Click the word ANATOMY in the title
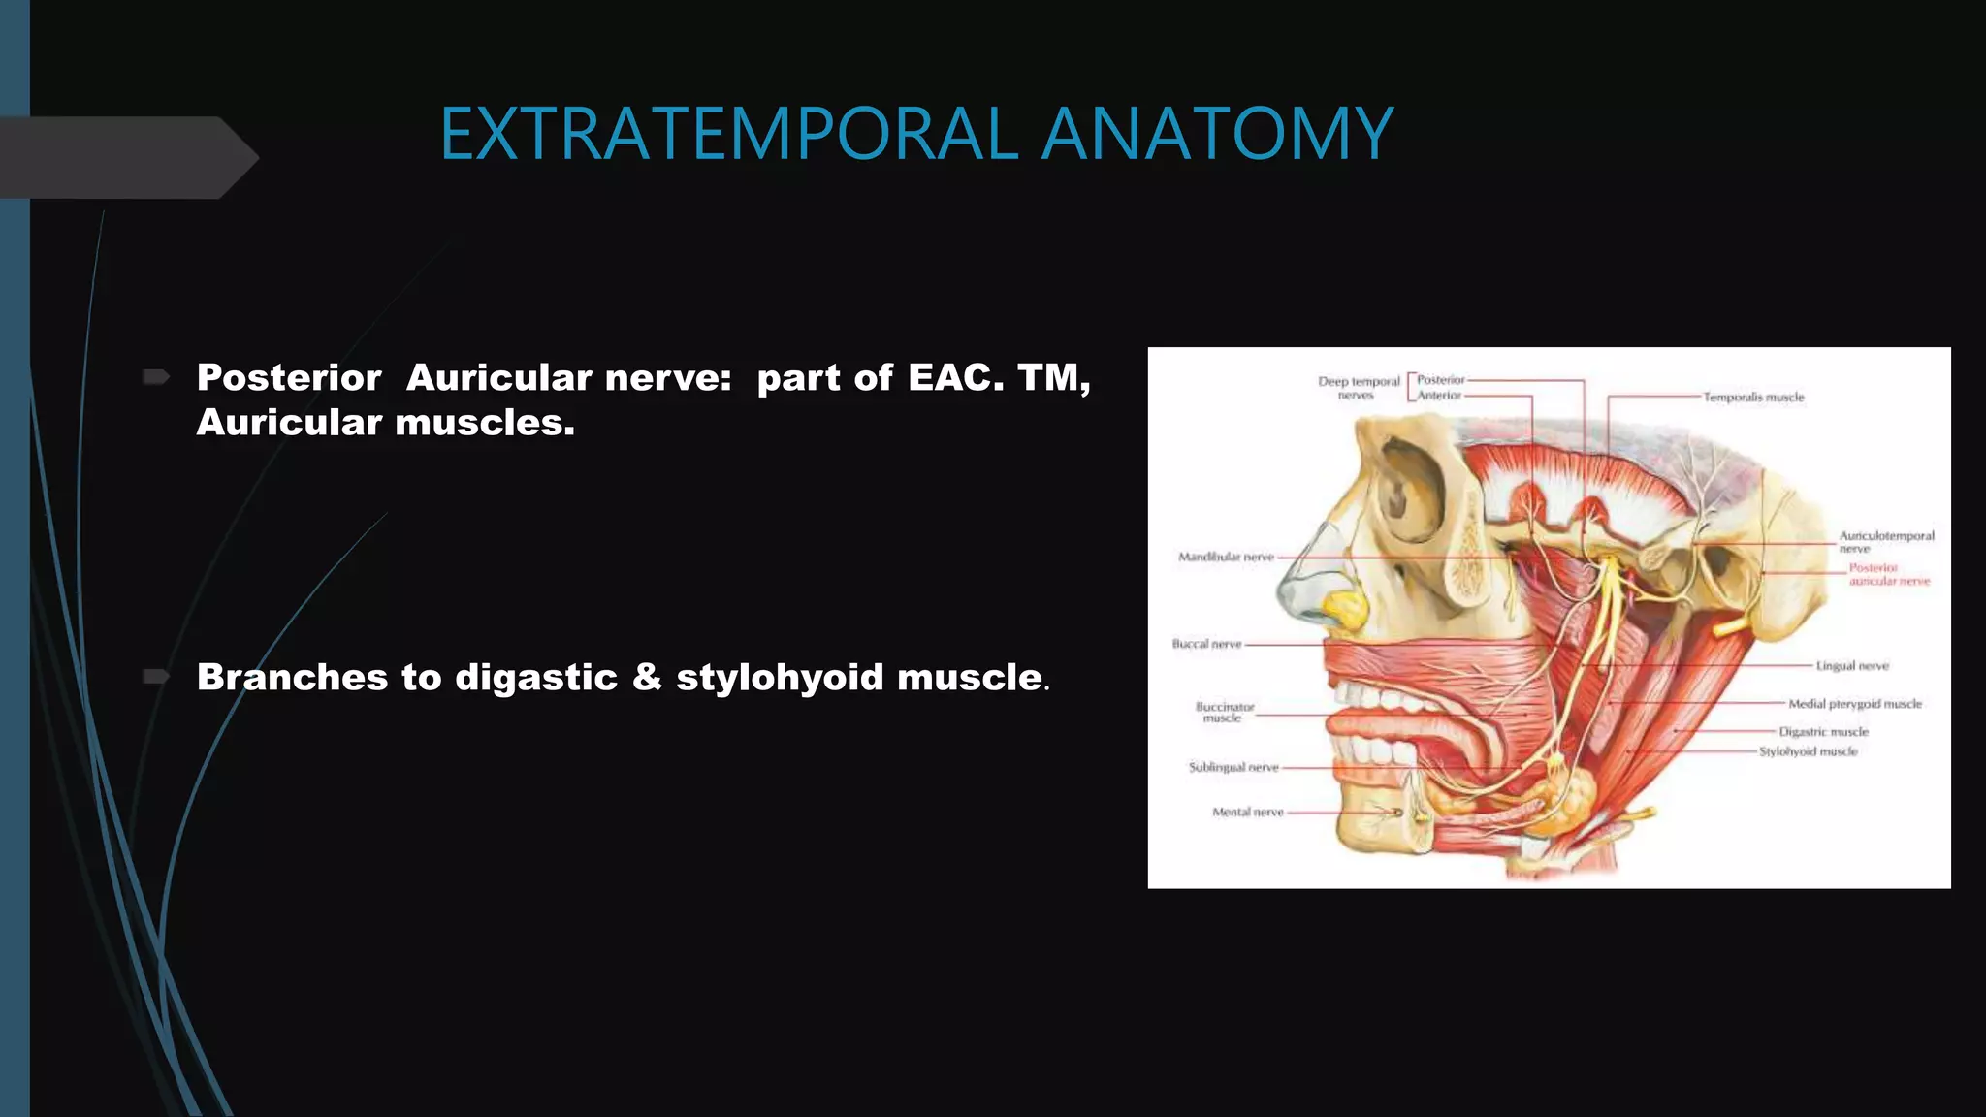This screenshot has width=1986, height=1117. coord(1217,134)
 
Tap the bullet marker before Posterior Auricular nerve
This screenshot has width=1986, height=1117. coord(156,376)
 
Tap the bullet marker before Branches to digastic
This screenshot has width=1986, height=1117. coord(156,676)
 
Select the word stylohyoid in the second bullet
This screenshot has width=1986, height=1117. coord(780,677)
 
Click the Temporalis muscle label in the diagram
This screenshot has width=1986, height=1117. coord(1753,398)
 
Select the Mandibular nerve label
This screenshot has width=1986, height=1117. coord(1226,557)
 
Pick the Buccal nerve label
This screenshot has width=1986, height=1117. coord(1206,644)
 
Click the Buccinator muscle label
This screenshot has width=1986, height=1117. coord(1224,713)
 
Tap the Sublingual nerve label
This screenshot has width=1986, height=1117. coord(1233,767)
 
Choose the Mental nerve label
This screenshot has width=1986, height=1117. coord(1247,812)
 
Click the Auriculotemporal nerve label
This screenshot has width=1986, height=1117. coord(1885,541)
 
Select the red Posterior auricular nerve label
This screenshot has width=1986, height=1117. coord(1887,574)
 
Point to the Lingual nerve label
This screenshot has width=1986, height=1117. coord(1852,666)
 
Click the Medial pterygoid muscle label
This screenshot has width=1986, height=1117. coord(1854,704)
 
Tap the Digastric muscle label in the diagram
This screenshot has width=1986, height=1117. coord(1823,732)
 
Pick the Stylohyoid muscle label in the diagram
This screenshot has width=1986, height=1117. coord(1809,751)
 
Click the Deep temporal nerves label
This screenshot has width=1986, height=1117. coord(1358,388)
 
